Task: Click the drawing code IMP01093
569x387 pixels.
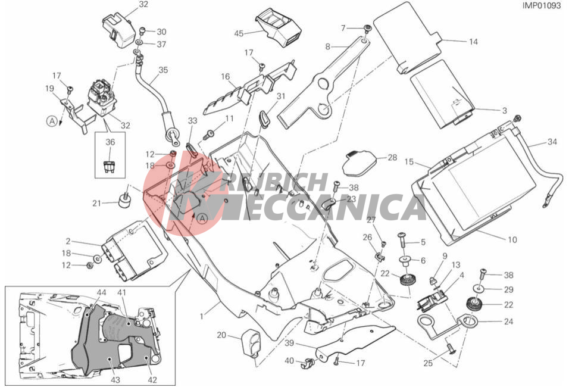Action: click(542, 5)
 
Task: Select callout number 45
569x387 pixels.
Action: click(239, 33)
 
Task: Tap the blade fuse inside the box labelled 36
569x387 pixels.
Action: click(109, 167)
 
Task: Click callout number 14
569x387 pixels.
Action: click(473, 42)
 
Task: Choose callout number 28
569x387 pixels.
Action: click(392, 158)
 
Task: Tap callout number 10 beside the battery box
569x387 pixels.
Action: click(512, 239)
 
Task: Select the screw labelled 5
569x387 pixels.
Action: click(403, 241)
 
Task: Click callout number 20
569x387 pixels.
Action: click(221, 335)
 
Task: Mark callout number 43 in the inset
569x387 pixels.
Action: click(115, 380)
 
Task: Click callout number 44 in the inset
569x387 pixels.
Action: click(101, 292)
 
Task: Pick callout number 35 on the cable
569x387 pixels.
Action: click(163, 70)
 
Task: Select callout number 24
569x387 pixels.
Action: click(509, 322)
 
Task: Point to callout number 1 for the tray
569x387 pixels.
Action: click(202, 316)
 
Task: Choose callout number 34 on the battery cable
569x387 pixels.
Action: click(552, 142)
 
